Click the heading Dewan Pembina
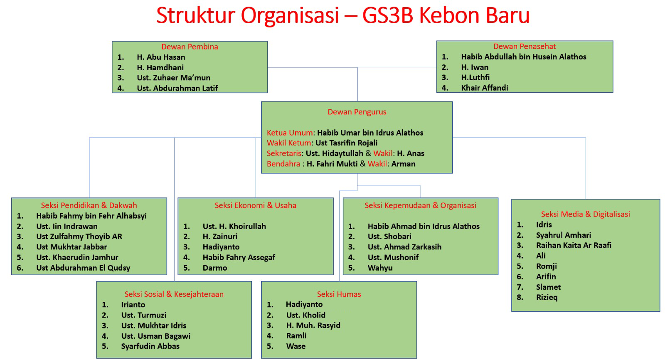click(x=190, y=47)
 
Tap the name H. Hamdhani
click(x=160, y=67)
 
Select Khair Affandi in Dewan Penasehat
click(x=485, y=88)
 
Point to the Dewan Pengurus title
click(x=357, y=112)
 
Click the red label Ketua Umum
click(x=289, y=133)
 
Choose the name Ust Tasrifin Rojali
click(x=347, y=143)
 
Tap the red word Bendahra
click(x=283, y=164)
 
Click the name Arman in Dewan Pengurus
click(x=403, y=164)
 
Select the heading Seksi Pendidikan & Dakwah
click(x=89, y=205)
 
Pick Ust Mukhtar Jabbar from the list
click(x=71, y=247)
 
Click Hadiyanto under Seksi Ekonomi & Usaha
click(x=221, y=247)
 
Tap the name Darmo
click(x=215, y=268)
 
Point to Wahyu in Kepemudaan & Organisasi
click(x=380, y=268)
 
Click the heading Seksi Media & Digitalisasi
click(x=586, y=215)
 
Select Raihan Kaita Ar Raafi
click(x=574, y=245)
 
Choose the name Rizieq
click(x=547, y=298)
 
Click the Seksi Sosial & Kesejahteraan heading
click(x=174, y=294)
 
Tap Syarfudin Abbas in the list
click(x=150, y=346)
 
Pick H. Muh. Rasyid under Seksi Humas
click(x=313, y=325)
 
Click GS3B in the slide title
click(x=388, y=15)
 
